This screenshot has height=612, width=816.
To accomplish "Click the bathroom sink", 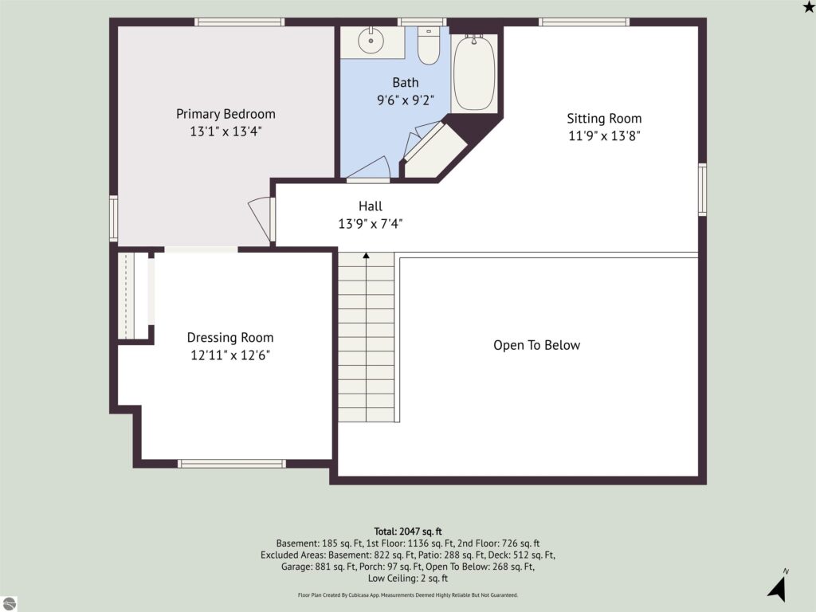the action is coord(371,41).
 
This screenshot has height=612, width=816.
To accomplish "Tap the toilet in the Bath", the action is coord(429,45).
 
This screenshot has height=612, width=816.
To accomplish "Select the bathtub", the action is coord(474,73).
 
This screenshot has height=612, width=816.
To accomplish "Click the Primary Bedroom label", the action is coord(226,114).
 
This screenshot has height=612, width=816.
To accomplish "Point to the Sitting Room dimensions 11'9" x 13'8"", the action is coord(604,135).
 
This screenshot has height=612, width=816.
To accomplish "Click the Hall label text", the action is coord(371,206).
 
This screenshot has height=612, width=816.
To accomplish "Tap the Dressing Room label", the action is coord(230,338).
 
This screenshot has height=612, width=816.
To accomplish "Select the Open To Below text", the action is coord(536,345).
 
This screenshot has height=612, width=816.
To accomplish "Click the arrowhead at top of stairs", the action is coord(367,256).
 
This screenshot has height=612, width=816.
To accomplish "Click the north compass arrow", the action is coord(778,589).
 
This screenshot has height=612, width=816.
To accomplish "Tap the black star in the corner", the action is coord(809,6).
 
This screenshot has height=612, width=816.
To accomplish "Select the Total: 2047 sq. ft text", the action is coord(408,532).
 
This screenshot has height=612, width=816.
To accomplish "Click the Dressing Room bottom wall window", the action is coord(232,464).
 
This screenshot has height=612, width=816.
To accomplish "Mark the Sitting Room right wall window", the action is coord(702,190).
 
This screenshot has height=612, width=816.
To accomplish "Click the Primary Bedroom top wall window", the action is coord(239,22).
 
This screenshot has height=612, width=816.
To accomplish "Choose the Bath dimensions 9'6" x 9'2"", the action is coord(406,100).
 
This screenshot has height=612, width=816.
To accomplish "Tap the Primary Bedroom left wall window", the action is coord(113,218).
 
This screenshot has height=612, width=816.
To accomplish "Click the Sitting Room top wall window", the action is coord(584,22).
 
